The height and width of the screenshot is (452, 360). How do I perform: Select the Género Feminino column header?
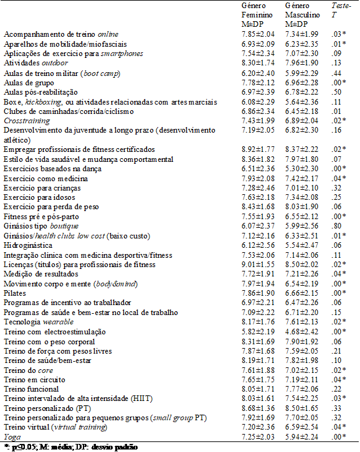256,14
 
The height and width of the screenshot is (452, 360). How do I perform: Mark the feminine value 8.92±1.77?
258,150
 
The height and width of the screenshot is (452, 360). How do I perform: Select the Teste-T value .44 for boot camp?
334,72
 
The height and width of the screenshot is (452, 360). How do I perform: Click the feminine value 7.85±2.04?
258,34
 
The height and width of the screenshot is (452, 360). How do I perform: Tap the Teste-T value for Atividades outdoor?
334,63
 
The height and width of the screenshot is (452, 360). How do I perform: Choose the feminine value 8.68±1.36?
258,407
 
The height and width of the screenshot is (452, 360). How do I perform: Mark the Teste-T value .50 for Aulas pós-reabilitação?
334,92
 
